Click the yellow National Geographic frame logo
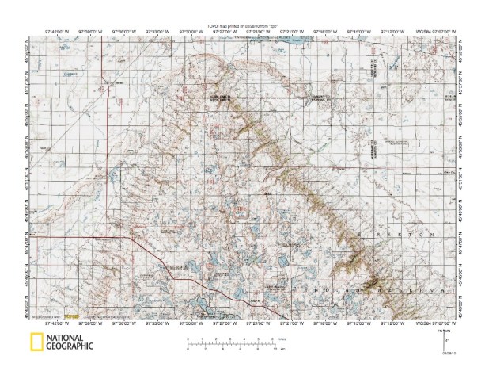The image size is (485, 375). pos(36,343)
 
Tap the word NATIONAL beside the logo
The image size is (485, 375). pos(70,338)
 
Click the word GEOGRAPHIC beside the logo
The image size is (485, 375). pos(70,346)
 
